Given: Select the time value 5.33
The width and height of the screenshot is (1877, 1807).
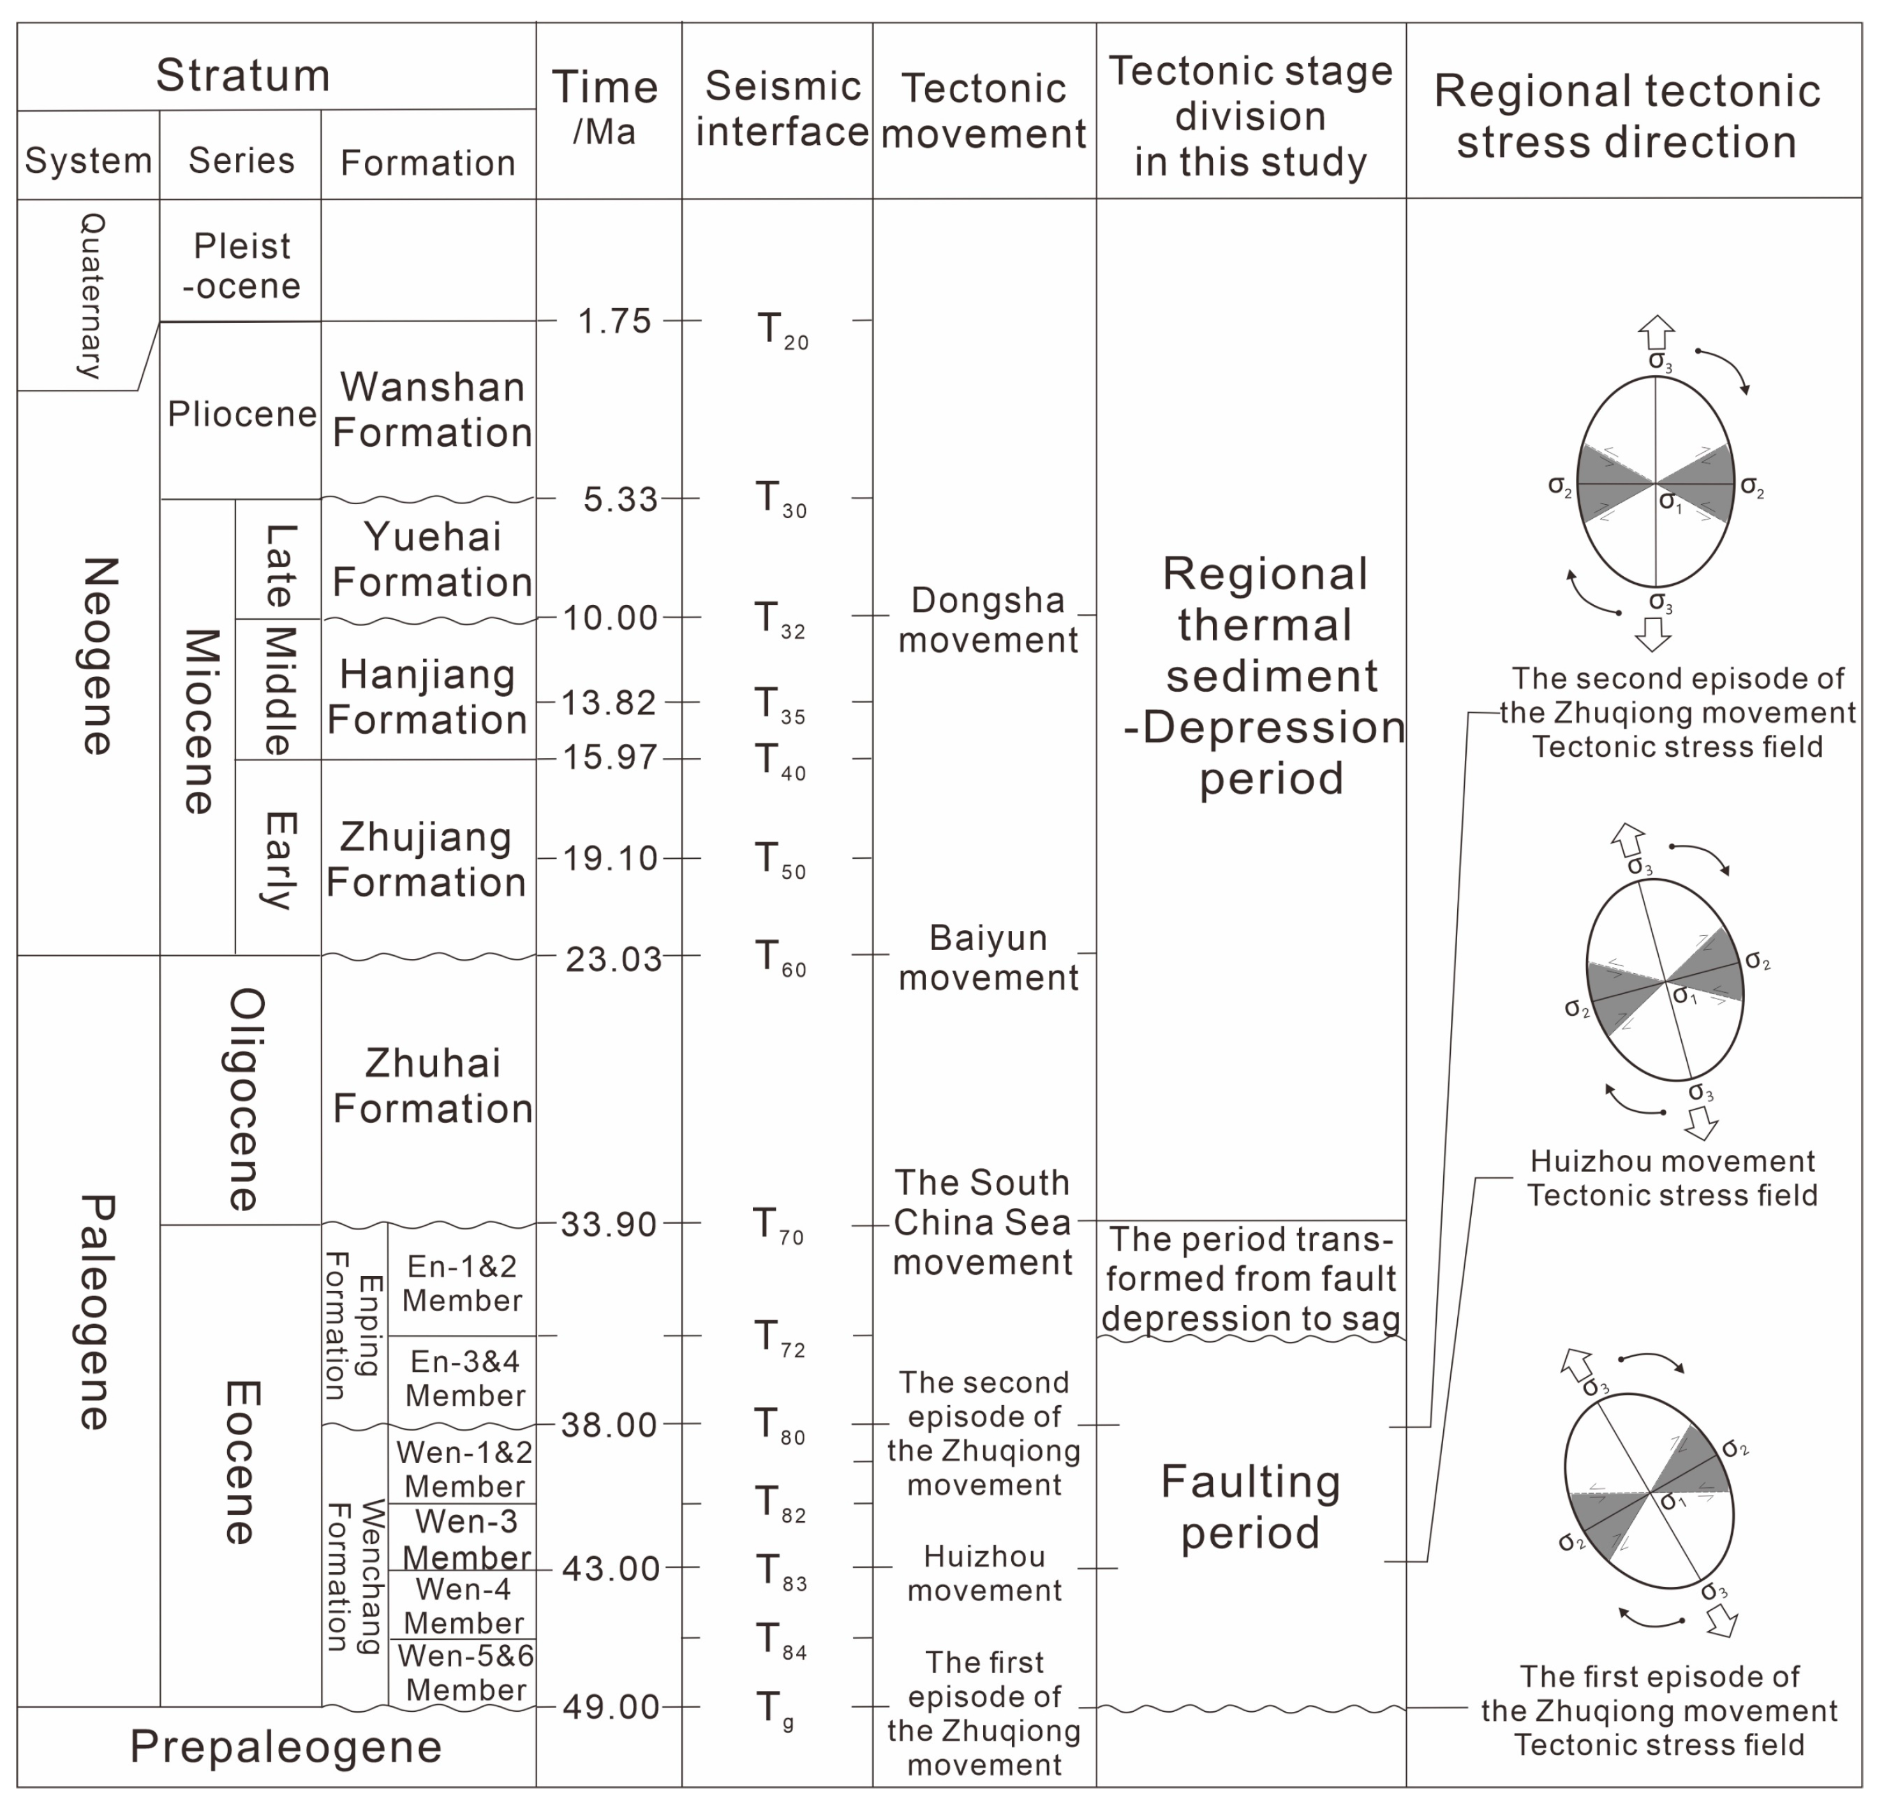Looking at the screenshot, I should pyautogui.click(x=621, y=499).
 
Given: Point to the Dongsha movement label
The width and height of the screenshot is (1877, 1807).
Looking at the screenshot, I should pyautogui.click(x=988, y=620).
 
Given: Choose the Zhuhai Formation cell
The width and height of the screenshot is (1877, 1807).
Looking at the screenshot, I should pyautogui.click(x=432, y=1086).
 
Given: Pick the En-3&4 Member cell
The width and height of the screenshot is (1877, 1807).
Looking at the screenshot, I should pyautogui.click(x=464, y=1378).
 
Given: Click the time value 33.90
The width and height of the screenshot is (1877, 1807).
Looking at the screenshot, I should pyautogui.click(x=609, y=1224).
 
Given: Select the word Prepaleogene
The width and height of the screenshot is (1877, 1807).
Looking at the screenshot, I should pyautogui.click(x=285, y=1746).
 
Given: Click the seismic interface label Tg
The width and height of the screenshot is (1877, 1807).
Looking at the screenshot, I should pyautogui.click(x=774, y=1708).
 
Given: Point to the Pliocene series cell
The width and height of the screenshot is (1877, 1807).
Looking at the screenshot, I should pyautogui.click(x=241, y=413).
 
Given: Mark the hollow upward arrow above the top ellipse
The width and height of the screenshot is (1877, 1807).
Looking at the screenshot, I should pyautogui.click(x=1656, y=332).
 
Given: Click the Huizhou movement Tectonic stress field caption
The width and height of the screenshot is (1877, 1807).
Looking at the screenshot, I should pyautogui.click(x=1671, y=1178).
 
